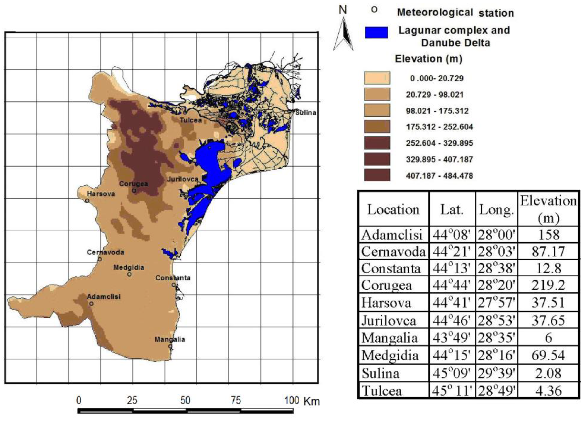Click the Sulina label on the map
point(306,113)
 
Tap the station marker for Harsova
point(87,201)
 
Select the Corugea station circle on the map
point(134,191)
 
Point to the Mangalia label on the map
point(170,339)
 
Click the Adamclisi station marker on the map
point(91,304)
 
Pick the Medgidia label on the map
point(129,267)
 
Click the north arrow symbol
point(343,34)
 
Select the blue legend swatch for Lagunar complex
point(376,33)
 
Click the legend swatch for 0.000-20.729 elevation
point(377,78)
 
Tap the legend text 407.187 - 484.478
point(439,176)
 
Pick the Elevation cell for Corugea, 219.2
point(548,285)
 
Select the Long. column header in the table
point(496,210)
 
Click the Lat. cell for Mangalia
point(452,338)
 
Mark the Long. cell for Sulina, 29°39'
point(496,373)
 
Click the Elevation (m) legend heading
point(428,59)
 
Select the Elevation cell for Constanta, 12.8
point(548,268)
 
